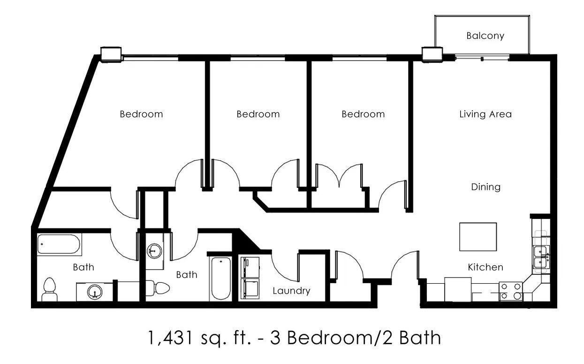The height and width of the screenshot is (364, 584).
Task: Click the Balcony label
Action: [x=485, y=36]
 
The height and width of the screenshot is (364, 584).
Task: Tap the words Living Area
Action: [x=485, y=114]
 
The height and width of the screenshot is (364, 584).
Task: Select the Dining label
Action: [x=485, y=187]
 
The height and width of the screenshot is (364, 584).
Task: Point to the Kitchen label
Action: [x=485, y=267]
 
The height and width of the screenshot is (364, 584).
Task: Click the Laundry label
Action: [x=291, y=291]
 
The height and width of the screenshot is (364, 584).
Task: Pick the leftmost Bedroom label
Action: [x=141, y=114]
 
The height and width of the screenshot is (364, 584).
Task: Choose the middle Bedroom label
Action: [x=258, y=114]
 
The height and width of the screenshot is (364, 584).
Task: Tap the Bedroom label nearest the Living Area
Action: [x=363, y=114]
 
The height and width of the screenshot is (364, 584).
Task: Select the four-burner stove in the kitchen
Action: [x=511, y=291]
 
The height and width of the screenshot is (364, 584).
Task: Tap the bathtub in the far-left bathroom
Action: [x=60, y=244]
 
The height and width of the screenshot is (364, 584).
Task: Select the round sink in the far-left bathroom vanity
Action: [x=94, y=292]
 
